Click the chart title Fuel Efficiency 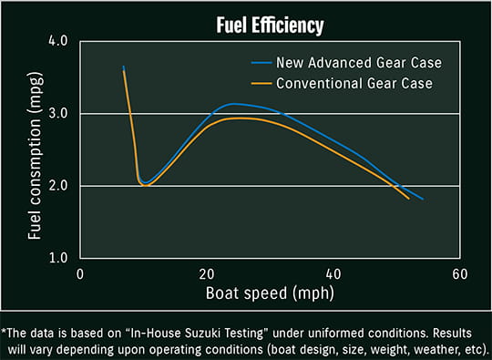click(270, 26)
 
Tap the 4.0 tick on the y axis click(58, 40)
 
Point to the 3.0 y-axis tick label click(58, 113)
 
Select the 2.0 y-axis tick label click(58, 186)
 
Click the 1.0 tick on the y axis click(58, 258)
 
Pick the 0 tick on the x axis click(80, 274)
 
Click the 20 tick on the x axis click(207, 274)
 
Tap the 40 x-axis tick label click(333, 274)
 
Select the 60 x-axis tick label click(460, 274)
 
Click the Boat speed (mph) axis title click(270, 293)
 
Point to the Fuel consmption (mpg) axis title click(36, 156)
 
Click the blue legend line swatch click(261, 63)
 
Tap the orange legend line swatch click(261, 84)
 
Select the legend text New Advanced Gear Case click(359, 63)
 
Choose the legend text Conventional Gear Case click(354, 84)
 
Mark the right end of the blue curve click(423, 199)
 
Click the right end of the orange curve click(409, 199)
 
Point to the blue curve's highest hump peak click(233, 104)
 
